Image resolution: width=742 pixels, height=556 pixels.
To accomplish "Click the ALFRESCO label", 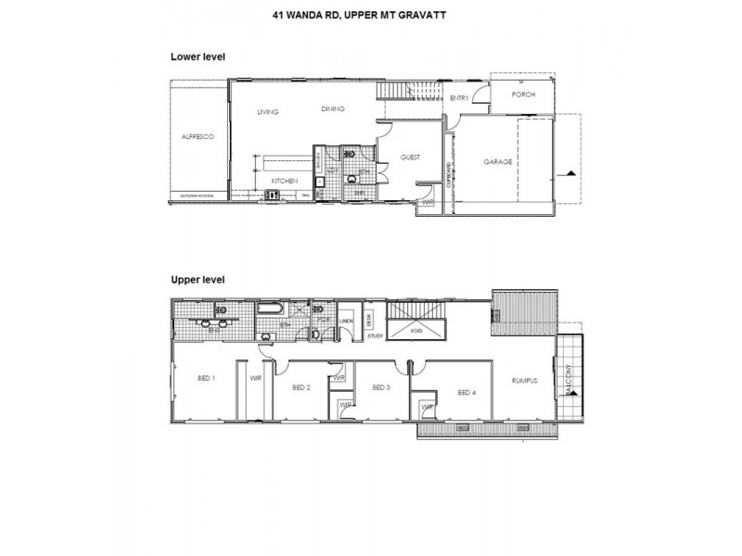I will tap(198, 137).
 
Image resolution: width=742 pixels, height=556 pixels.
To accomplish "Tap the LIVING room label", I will tap(269, 112).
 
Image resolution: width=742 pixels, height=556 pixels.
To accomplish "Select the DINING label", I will tap(333, 108).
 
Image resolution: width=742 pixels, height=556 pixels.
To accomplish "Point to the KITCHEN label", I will tap(284, 180).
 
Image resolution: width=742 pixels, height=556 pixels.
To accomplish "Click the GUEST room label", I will tap(410, 158).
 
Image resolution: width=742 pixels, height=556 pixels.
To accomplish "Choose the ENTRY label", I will tap(459, 97).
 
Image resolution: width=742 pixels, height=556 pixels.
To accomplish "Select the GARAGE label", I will tap(498, 161).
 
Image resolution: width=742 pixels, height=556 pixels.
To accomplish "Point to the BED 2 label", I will tap(300, 387).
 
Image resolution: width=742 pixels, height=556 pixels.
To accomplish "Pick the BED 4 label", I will tap(467, 393).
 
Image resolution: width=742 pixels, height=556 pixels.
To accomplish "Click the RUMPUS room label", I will tap(525, 379).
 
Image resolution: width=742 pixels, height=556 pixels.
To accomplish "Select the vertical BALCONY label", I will tap(569, 379).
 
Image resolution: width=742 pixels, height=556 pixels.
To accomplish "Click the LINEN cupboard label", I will tap(347, 322).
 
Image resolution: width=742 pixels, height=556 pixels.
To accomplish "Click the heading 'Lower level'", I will tap(198, 57).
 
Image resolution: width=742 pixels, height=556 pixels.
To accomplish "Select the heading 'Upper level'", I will tap(198, 278).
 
